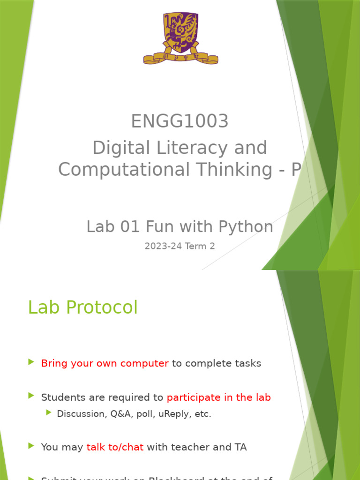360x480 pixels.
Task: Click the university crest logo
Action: [x=180, y=33]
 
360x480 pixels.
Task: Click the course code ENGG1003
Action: [x=180, y=121]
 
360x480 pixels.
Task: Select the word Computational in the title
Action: [x=121, y=170]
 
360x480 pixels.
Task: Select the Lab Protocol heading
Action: [x=83, y=307]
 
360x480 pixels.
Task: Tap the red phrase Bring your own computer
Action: [x=105, y=363]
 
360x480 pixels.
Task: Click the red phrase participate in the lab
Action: [x=218, y=397]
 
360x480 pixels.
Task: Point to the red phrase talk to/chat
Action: [x=115, y=447]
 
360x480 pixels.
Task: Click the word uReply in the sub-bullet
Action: [x=173, y=414]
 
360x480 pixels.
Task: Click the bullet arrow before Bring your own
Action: [x=31, y=362]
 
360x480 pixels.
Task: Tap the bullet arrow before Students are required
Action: [x=31, y=396]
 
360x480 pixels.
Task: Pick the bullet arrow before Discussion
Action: [x=49, y=412]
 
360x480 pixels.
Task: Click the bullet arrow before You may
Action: [x=31, y=446]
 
